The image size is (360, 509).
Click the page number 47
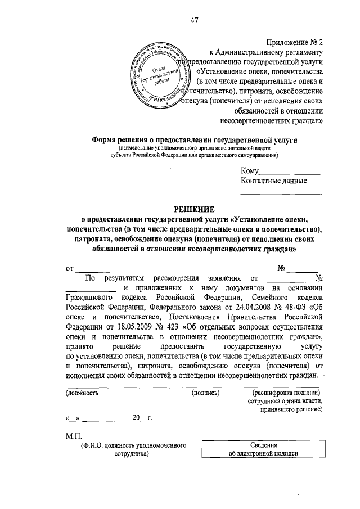tap(195, 21)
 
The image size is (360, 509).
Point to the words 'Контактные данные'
tap(274, 181)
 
